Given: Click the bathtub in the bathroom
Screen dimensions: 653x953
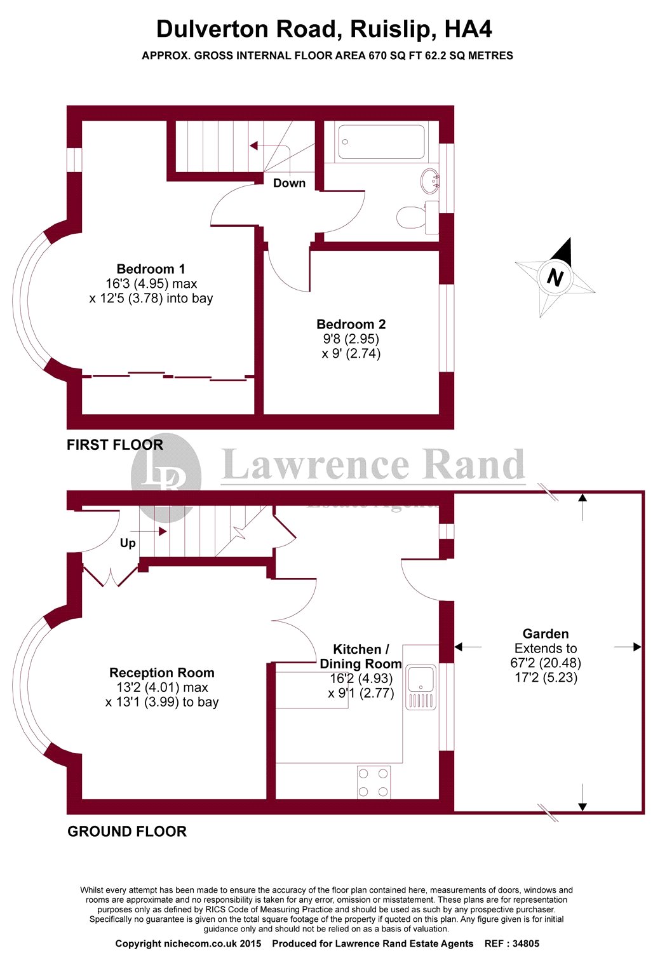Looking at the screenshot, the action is tap(381, 142).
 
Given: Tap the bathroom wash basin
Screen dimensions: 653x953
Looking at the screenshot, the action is tap(430, 180).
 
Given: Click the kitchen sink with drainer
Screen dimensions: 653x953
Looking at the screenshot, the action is tap(421, 686).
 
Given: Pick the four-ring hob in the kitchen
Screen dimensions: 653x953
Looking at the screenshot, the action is tap(374, 782).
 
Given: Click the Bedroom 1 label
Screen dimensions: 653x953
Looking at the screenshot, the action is tap(151, 269).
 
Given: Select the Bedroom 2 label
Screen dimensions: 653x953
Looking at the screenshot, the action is tap(351, 324).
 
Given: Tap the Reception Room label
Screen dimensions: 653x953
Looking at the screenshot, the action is tap(161, 672).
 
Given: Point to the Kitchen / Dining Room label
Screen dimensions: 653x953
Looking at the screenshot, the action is tap(360, 656).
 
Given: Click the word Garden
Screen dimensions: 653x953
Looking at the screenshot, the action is tap(545, 633).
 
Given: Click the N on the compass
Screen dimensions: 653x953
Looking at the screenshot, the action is tap(555, 278).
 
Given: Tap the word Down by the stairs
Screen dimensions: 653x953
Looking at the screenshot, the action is tap(289, 183).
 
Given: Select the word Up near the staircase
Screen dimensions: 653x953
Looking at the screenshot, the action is tap(128, 543).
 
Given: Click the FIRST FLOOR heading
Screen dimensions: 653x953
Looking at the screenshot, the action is tap(115, 445).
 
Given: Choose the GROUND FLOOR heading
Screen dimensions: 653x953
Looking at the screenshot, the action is tap(127, 832).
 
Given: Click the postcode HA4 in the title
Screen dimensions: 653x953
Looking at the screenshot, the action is tap(468, 29).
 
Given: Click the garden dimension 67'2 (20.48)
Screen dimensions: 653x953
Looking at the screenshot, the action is tap(546, 663).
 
